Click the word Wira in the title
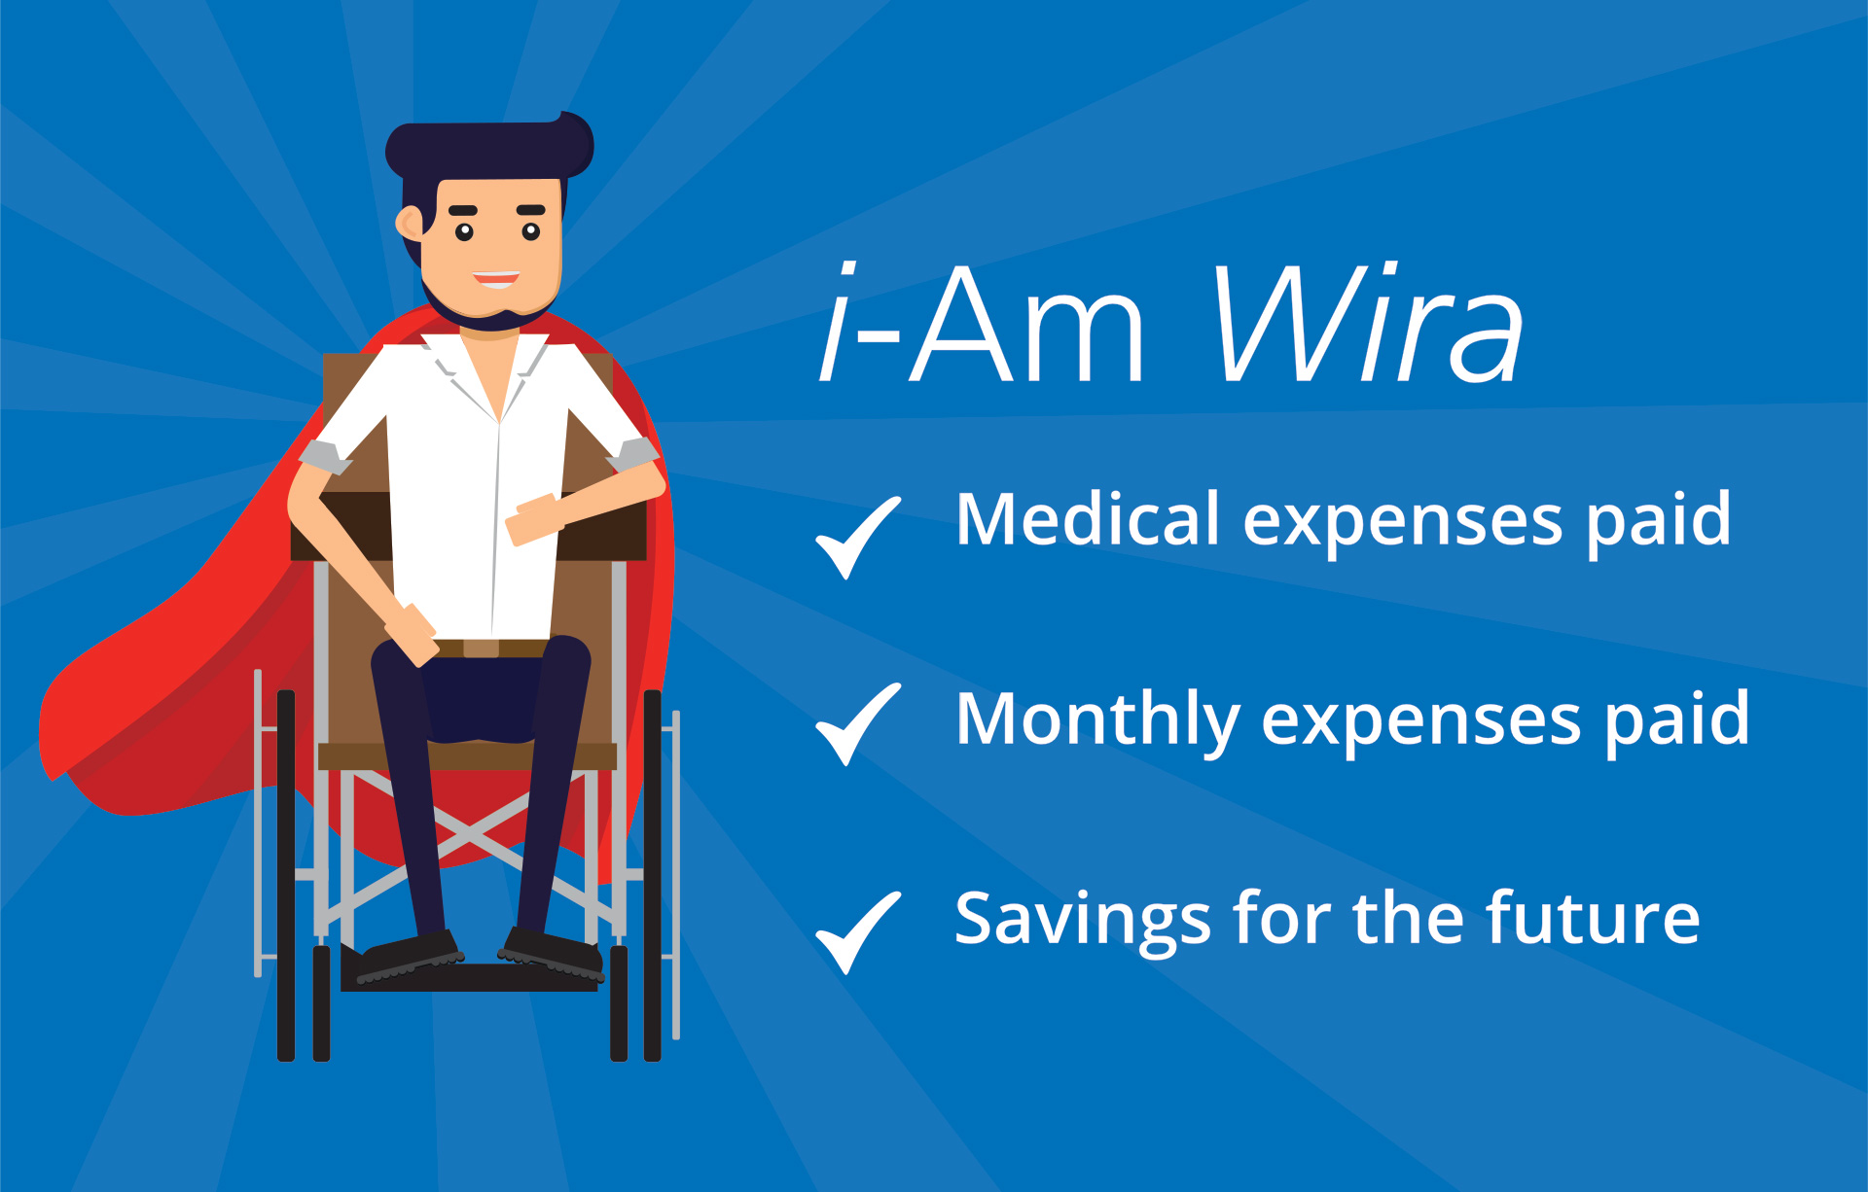click(1368, 323)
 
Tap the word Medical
click(1088, 519)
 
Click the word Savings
click(1082, 920)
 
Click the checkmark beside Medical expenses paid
click(858, 538)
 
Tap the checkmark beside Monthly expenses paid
click(858, 724)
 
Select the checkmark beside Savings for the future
click(858, 932)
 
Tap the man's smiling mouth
click(496, 280)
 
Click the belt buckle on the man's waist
click(481, 649)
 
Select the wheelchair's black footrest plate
click(469, 977)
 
